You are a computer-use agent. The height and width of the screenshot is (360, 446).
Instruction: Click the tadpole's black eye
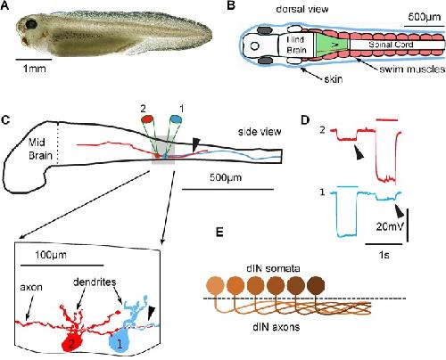[x=30, y=24]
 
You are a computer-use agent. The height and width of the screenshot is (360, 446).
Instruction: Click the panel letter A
[x=4, y=6]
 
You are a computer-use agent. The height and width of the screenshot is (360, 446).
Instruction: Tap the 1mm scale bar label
[x=35, y=69]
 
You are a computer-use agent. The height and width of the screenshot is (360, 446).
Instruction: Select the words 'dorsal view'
[x=302, y=9]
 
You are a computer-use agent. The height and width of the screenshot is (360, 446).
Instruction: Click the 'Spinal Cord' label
[x=391, y=45]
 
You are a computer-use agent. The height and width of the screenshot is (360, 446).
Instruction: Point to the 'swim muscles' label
[x=412, y=70]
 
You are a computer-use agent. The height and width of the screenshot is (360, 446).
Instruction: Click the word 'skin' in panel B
[x=334, y=79]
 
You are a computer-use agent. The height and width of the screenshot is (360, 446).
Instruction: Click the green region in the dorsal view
[x=331, y=45]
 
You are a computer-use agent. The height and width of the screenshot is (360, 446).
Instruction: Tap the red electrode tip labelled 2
[x=147, y=119]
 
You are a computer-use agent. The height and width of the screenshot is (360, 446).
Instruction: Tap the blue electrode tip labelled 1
[x=176, y=119]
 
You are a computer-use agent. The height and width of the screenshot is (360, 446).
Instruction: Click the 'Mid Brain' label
[x=40, y=149]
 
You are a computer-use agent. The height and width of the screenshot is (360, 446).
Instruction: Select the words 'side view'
[x=260, y=132]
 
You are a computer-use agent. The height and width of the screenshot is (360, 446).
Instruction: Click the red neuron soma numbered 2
[x=73, y=342]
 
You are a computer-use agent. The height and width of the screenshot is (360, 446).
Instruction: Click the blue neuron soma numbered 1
[x=120, y=343]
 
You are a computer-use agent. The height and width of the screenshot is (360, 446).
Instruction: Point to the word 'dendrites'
[x=95, y=282]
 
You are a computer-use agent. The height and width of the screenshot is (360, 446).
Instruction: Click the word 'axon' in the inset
[x=31, y=287]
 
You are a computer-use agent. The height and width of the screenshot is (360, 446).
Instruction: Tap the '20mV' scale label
[x=390, y=226]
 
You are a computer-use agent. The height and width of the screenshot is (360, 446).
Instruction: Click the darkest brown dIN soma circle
[x=316, y=285]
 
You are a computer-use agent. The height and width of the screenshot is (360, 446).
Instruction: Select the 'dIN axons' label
[x=277, y=327]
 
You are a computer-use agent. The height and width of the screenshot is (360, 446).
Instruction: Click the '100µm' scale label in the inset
[x=51, y=255]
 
